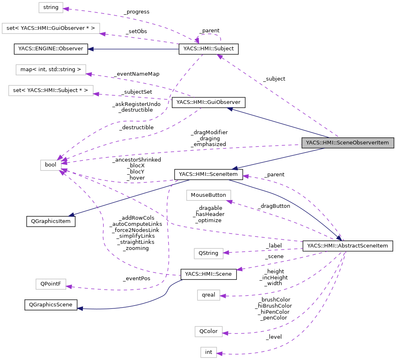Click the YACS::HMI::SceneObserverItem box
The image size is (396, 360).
[348, 143]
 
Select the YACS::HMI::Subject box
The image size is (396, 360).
[208, 49]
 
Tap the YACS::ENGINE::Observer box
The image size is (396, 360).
[51, 49]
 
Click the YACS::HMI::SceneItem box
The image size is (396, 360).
[209, 174]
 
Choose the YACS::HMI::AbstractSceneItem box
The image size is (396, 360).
[347, 246]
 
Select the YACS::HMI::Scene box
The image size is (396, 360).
[208, 274]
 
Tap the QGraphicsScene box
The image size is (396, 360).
[51, 305]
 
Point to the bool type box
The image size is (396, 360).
[51, 165]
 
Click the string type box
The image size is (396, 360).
[51, 7]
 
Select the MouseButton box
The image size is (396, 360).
[208, 195]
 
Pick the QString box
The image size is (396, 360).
[208, 253]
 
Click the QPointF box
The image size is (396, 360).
[51, 284]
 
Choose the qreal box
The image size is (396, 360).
[208, 295]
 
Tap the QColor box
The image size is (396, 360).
[208, 331]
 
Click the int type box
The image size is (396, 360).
[208, 352]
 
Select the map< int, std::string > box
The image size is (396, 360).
[51, 70]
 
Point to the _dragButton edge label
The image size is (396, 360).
[273, 206]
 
